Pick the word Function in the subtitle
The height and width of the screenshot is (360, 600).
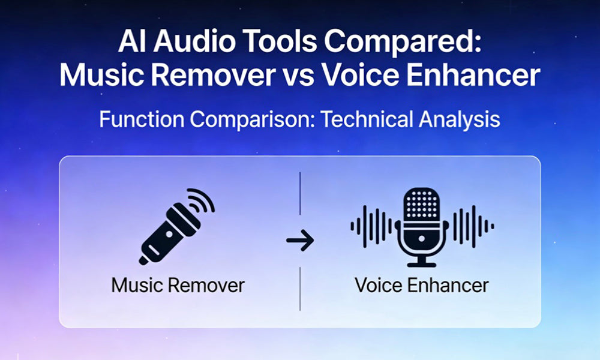pos(143,119)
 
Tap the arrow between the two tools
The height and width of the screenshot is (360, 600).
pos(300,241)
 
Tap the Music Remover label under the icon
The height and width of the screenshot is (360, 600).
pos(178,284)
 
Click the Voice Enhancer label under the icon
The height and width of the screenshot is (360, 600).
pos(421,284)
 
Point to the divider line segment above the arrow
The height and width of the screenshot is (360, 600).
pos(300,193)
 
